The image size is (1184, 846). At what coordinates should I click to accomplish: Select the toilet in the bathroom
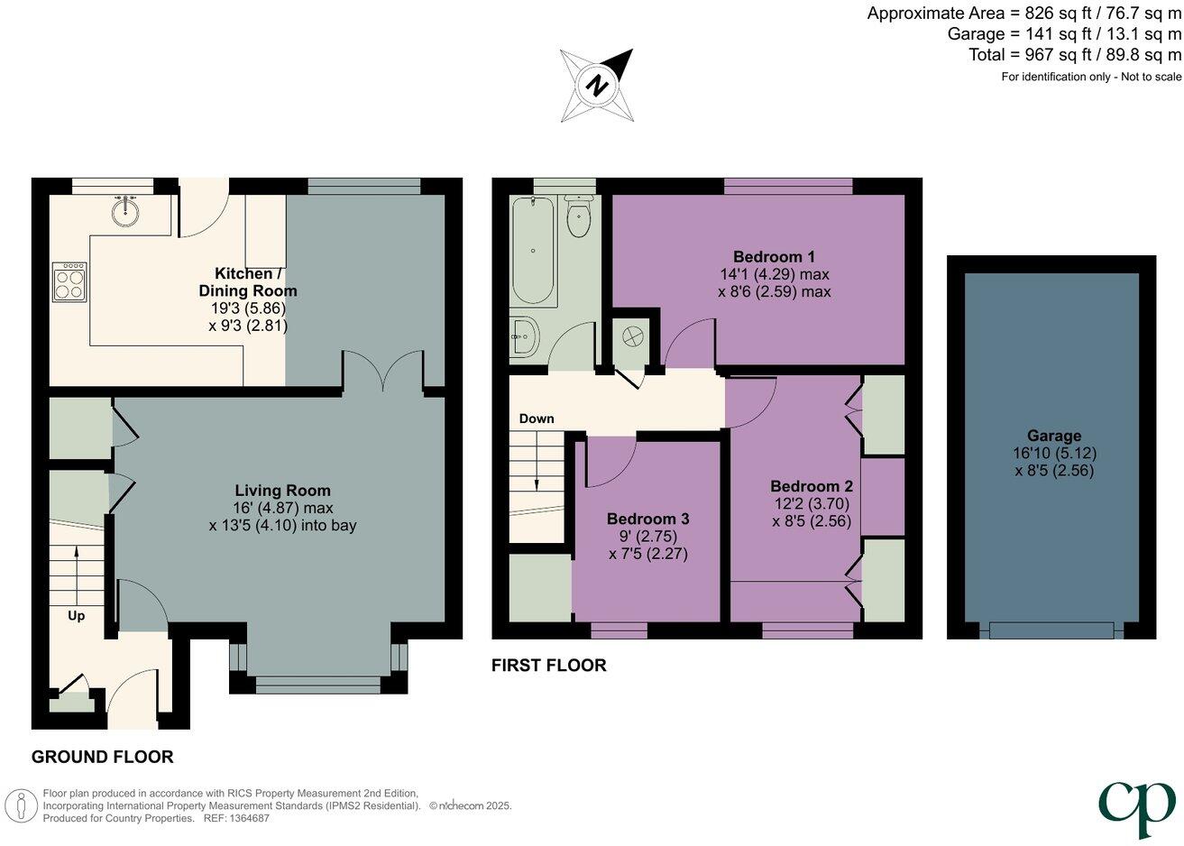click(577, 217)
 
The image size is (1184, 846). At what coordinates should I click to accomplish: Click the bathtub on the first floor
click(533, 251)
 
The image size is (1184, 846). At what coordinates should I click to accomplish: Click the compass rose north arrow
click(597, 86)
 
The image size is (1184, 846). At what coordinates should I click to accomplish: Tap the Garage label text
click(1053, 436)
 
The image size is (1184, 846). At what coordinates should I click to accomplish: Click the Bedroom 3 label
click(647, 519)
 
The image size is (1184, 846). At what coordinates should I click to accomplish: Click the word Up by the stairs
click(77, 616)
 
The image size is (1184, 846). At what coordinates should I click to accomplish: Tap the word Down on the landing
click(537, 418)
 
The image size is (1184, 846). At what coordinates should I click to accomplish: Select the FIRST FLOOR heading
click(548, 666)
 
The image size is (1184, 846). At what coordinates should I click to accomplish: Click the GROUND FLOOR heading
click(102, 757)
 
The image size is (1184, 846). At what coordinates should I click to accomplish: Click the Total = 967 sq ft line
click(1074, 55)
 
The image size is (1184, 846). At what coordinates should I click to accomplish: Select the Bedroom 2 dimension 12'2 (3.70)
click(811, 504)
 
